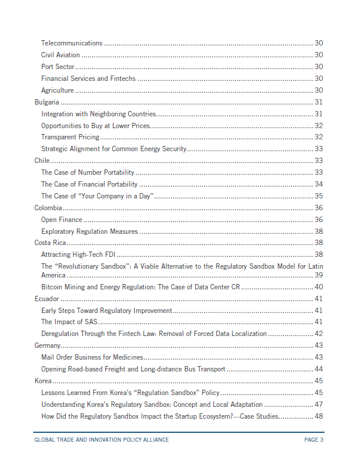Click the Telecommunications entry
coord(72,43)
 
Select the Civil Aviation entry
coord(60,55)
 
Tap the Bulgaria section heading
coord(47,102)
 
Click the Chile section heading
coord(43,160)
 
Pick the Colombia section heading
coord(48,208)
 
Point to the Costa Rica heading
coord(50,243)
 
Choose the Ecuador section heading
coord(47,299)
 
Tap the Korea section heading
coord(43,381)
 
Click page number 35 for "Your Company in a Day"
coord(319,196)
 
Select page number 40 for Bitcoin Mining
coord(319,287)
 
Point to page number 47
coord(319,405)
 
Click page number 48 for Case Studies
coord(319,416)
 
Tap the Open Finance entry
coord(61,220)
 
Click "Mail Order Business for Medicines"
coord(92,357)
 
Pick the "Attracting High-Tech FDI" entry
coord(77,255)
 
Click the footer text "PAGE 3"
coord(314,440)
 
